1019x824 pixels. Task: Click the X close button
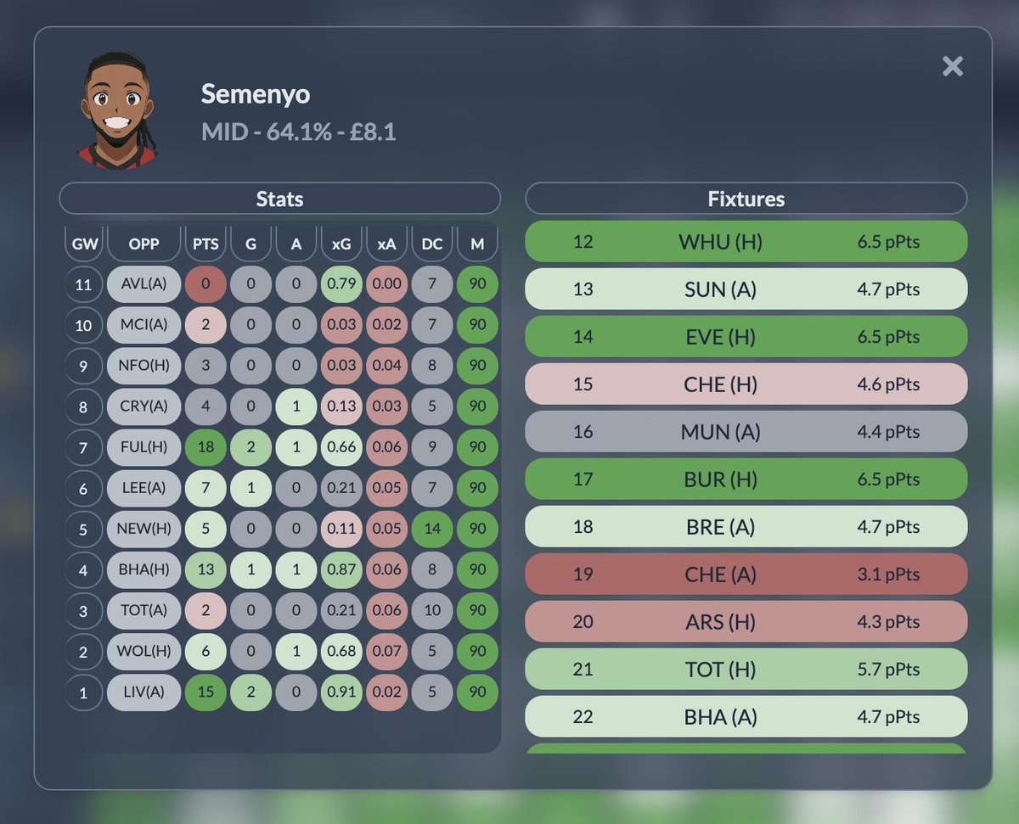click(x=953, y=66)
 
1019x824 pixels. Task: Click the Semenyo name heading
click(x=255, y=94)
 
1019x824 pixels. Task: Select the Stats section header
click(x=279, y=199)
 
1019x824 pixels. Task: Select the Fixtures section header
click(x=746, y=199)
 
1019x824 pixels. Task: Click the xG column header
click(x=341, y=244)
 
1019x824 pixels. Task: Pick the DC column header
click(x=432, y=244)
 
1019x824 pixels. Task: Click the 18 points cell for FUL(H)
click(x=206, y=446)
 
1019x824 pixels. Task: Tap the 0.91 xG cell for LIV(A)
click(x=341, y=692)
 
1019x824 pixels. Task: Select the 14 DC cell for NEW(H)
click(x=432, y=528)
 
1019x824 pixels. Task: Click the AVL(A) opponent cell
click(x=144, y=284)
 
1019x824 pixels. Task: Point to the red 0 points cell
click(x=206, y=284)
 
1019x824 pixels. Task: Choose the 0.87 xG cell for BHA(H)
click(x=341, y=569)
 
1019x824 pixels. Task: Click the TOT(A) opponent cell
click(x=144, y=610)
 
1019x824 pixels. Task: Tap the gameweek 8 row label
click(x=83, y=406)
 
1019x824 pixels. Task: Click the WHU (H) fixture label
click(x=720, y=242)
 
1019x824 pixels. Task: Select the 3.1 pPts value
click(x=888, y=575)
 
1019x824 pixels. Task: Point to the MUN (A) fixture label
click(x=720, y=432)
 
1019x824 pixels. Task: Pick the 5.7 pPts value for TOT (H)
click(x=888, y=670)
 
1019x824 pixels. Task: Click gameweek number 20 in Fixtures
click(x=583, y=622)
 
